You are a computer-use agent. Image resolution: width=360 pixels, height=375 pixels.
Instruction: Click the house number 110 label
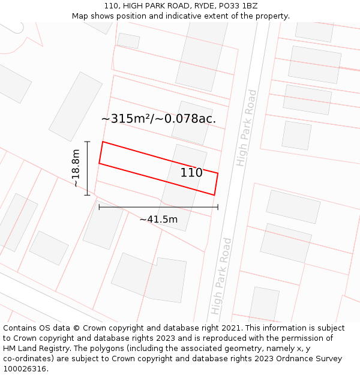pyautogui.click(x=191, y=173)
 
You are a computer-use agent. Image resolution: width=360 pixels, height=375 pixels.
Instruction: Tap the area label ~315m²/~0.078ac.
pyautogui.click(x=158, y=119)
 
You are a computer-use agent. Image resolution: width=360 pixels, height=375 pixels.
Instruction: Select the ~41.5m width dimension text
pyautogui.click(x=158, y=220)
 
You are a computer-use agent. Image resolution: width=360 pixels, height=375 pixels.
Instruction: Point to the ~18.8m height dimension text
pyautogui.click(x=76, y=168)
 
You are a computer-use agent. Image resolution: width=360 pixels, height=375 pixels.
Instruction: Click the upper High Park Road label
pyautogui.click(x=247, y=128)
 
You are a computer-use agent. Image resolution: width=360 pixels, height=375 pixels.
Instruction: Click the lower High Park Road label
pyautogui.click(x=221, y=276)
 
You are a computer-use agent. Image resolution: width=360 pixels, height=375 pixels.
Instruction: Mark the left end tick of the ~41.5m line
pyautogui.click(x=99, y=207)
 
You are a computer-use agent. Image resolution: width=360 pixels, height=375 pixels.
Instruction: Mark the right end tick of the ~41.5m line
pyautogui.click(x=218, y=207)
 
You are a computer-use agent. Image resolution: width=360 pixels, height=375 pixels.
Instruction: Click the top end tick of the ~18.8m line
pyautogui.click(x=88, y=142)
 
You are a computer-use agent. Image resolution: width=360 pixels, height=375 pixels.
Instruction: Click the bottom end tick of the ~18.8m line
pyautogui.click(x=88, y=195)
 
